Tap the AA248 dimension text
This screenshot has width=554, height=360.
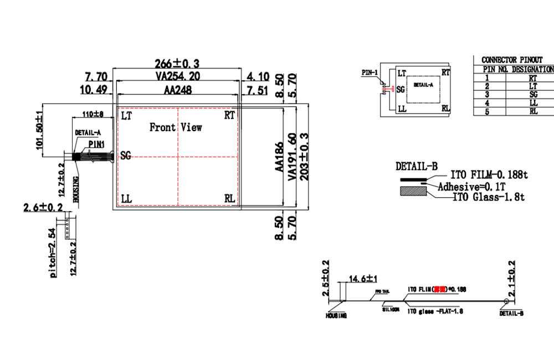click(x=177, y=90)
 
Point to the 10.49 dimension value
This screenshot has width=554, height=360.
click(x=94, y=90)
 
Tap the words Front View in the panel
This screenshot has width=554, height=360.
click(x=176, y=127)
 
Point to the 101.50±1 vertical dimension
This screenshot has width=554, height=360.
click(x=39, y=129)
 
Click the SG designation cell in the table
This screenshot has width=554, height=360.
click(x=533, y=95)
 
